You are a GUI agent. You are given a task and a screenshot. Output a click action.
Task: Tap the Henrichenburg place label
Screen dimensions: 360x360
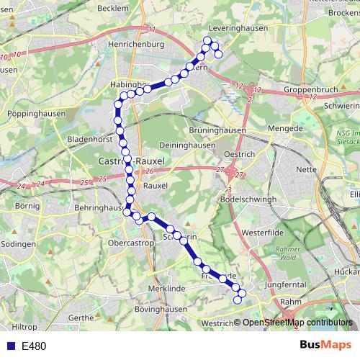coord(137,45)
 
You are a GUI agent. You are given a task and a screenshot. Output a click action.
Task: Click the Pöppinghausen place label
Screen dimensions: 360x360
coord(35,114)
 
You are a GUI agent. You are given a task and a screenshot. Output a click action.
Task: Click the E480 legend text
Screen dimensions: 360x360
coord(34,346)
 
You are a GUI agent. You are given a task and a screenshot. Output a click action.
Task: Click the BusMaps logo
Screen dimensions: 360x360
coord(325,346)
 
